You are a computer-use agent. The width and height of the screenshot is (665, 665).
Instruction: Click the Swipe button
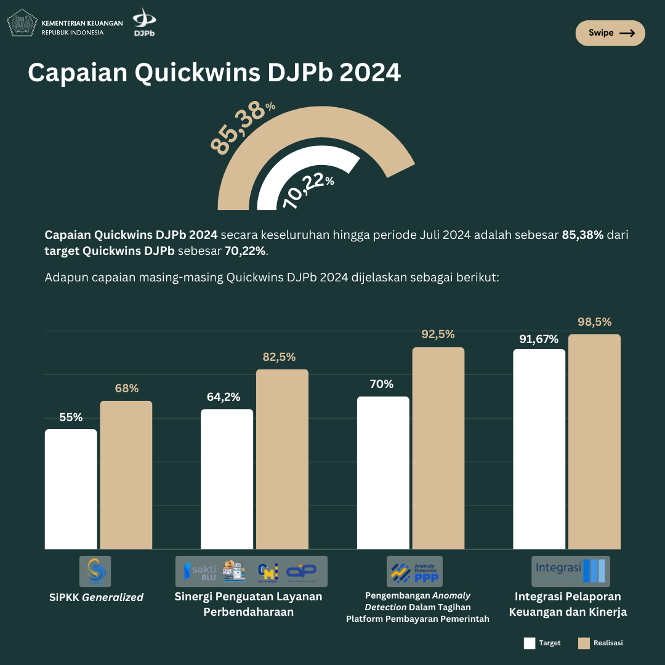610,33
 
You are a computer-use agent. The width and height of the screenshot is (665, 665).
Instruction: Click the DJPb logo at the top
144,22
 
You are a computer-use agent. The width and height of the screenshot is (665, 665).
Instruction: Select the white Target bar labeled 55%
71,489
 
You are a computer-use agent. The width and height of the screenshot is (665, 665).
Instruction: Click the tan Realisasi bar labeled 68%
126,475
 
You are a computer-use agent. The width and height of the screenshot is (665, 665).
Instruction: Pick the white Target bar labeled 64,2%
227,479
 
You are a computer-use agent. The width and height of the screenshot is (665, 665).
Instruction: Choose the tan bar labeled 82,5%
282,459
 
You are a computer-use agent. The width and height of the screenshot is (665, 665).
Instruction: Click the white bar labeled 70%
383,472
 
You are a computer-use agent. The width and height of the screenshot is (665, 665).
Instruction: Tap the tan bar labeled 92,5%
438,448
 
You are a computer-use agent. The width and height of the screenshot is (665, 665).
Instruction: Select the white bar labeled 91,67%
539,449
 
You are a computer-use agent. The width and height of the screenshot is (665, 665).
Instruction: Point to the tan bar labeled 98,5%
594,441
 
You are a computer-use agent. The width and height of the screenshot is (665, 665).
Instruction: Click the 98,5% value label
594,322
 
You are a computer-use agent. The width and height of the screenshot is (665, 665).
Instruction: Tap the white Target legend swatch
530,643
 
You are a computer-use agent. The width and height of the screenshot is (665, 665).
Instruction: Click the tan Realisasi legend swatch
584,643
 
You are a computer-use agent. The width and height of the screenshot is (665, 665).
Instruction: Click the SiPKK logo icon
95,571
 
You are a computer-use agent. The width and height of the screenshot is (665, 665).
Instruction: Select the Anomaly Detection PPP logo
414,571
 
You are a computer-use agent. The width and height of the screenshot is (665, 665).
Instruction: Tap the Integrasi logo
571,571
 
